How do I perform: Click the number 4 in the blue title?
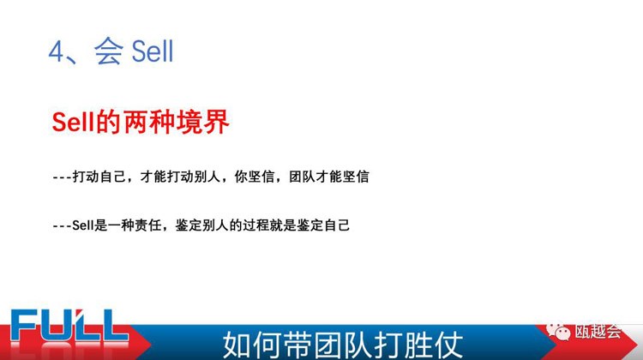[x=57, y=51]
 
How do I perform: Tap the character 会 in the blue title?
[x=108, y=51]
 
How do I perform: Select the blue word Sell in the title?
[x=153, y=51]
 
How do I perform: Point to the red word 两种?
[x=149, y=122]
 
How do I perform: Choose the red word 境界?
[x=202, y=122]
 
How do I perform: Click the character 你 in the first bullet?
[x=241, y=177]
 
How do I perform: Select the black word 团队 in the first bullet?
[x=302, y=177]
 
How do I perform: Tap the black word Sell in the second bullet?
[x=83, y=225]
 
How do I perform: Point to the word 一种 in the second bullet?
[x=121, y=225]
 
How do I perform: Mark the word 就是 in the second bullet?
[x=283, y=225]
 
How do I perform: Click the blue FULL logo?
[x=69, y=326]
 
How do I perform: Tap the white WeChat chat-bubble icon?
[x=558, y=331]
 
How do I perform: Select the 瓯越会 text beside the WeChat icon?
[x=598, y=331]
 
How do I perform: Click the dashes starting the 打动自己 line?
[x=62, y=177]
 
